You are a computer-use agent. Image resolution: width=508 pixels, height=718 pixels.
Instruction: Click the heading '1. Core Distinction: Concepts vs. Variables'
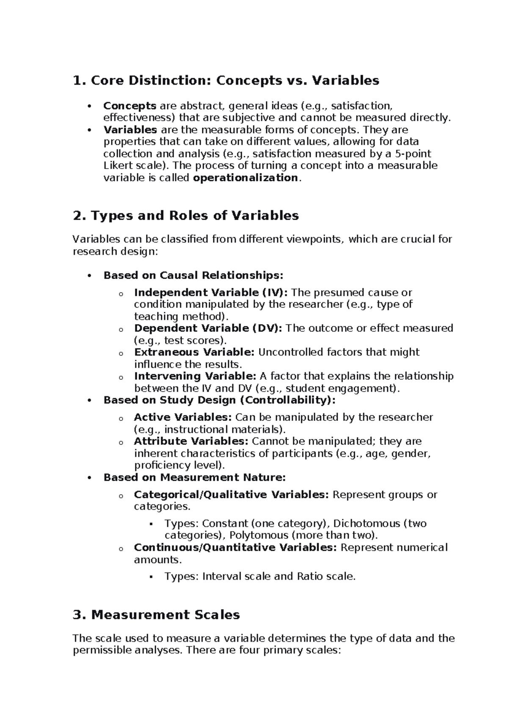pos(226,80)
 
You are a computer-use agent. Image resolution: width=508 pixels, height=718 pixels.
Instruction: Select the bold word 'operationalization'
pos(246,178)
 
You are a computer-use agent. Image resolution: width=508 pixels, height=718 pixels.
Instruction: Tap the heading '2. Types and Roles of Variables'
pos(186,215)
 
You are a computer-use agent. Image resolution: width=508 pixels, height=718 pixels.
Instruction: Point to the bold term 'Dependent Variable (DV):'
pos(208,328)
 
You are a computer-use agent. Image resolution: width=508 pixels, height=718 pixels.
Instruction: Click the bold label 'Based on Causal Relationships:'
pos(193,275)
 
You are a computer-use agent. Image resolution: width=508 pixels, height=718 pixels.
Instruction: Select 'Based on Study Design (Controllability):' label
pos(219,400)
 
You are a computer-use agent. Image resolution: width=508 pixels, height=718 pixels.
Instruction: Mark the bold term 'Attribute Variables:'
pos(191,441)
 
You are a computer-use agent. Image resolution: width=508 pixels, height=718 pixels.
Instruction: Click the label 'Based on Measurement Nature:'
pos(195,478)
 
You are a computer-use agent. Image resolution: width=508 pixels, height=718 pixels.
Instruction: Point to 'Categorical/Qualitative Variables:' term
pos(231,494)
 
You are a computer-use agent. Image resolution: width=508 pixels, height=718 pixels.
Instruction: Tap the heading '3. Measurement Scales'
pos(156,615)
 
